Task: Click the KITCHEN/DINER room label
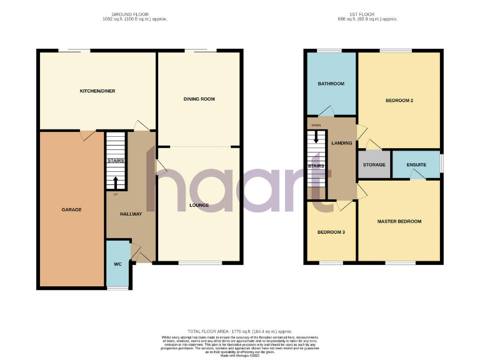click(97, 91)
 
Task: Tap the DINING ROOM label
click(199, 99)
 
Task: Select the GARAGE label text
click(71, 209)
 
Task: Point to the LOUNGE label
click(199, 205)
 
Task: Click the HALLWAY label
click(131, 214)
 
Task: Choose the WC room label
click(117, 264)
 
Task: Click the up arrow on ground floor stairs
click(115, 182)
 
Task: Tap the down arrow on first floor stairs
click(316, 137)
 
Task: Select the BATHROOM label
click(331, 84)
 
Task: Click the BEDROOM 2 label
click(399, 101)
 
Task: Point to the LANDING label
click(342, 143)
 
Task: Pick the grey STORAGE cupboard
click(374, 165)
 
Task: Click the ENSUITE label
click(416, 165)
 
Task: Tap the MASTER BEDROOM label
click(399, 221)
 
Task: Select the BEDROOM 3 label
click(331, 232)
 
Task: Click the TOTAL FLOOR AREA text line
click(239, 331)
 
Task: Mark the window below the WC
click(117, 288)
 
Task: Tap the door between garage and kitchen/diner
click(87, 132)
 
